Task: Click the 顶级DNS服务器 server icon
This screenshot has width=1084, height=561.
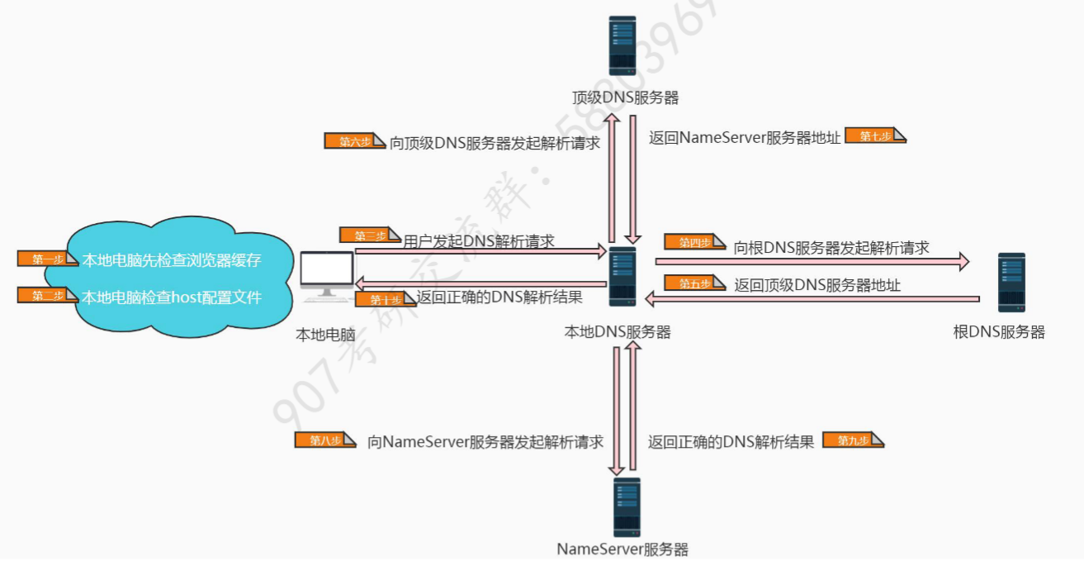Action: tap(622, 47)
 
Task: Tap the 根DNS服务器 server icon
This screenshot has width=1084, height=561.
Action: tap(1011, 283)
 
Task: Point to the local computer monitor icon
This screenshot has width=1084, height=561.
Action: tap(327, 274)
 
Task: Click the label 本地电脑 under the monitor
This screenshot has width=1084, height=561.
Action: tap(325, 335)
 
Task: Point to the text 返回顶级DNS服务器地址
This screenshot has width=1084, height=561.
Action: tap(817, 285)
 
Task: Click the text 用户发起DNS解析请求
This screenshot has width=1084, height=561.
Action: tap(479, 241)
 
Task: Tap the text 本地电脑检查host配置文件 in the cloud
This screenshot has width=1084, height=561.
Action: tap(172, 297)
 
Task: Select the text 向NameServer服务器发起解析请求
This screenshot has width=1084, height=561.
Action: tap(485, 441)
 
